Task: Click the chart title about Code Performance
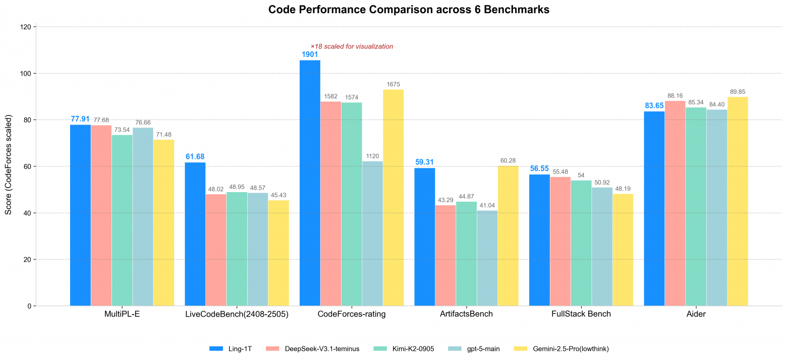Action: point(409,10)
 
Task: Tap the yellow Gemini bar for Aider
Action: point(738,201)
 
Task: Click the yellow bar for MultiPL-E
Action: point(163,222)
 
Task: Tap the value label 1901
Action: point(310,54)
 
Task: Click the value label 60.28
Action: point(508,160)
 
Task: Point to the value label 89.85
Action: point(738,92)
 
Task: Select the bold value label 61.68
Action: point(195,157)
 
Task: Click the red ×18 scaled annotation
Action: point(352,46)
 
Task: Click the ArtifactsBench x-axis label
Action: point(466,314)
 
